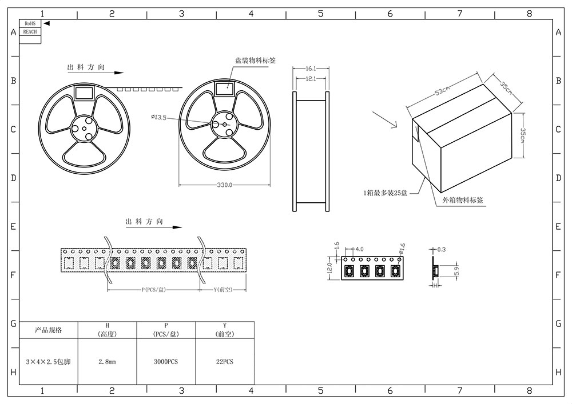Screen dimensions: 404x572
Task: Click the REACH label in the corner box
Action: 30,31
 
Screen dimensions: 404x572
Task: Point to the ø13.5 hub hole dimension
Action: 158,117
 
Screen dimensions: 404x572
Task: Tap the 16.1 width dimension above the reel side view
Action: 311,68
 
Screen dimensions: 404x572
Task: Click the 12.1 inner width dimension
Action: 311,78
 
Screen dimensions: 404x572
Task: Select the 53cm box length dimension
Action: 443,91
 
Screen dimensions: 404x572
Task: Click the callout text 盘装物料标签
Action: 254,59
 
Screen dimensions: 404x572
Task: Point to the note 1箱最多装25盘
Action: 385,193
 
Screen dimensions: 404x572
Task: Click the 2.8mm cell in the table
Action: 108,362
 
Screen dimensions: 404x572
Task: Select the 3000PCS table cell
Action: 166,362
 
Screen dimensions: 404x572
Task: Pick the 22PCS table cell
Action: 225,362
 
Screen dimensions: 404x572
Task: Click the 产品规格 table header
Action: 48,330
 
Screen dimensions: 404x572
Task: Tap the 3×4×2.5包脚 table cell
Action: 48,362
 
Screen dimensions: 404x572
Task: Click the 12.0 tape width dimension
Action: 329,268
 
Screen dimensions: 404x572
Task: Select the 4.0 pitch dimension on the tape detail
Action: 359,250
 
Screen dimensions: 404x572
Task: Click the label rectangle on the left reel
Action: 85,92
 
